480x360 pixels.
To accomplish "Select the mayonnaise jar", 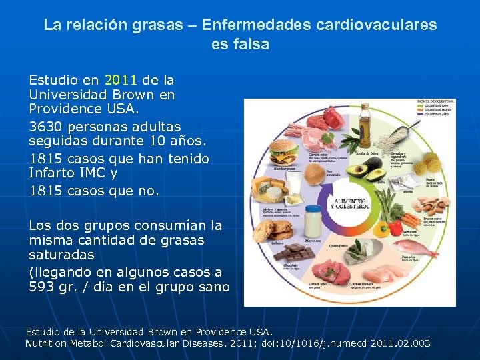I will click(312, 221).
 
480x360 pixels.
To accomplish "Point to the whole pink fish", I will click(415, 249).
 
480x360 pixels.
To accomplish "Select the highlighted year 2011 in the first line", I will click(119, 80).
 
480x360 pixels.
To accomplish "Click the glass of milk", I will click(294, 183).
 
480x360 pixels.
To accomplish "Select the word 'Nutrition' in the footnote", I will click(47, 343).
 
